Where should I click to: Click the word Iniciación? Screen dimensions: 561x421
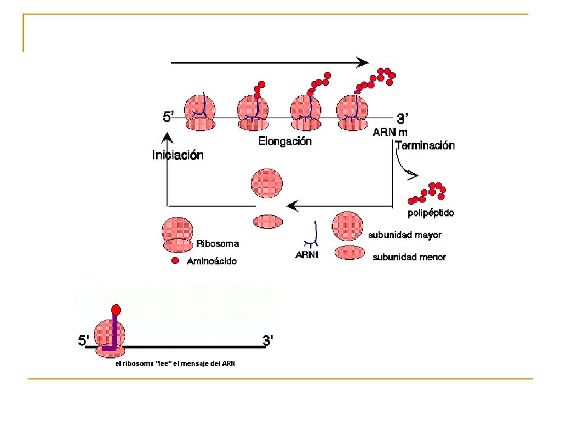pos(178,155)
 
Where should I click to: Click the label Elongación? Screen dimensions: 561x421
pos(285,141)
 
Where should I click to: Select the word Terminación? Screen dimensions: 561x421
pos(425,145)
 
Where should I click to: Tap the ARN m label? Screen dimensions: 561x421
pos(390,133)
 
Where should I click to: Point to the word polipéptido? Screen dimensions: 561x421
pos(431,213)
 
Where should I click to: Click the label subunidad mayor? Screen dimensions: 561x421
pos(405,235)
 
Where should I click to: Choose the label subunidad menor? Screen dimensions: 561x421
pos(409,257)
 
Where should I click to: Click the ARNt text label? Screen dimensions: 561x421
pos(307,254)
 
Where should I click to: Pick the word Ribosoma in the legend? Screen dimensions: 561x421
pos(217,244)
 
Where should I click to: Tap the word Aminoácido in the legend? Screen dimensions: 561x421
pos(212,261)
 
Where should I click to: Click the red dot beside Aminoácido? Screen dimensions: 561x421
pos(175,260)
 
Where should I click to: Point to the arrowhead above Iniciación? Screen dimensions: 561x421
pos(167,138)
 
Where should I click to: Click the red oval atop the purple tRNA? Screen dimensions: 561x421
pos(116,310)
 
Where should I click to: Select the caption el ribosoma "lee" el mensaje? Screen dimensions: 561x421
pos(175,363)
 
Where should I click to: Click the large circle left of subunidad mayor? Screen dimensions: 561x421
pos(347,226)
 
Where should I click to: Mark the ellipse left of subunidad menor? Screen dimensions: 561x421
pos(350,253)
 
